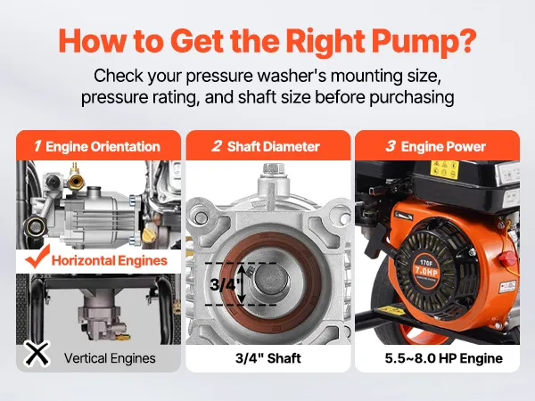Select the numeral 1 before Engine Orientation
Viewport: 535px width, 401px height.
37,146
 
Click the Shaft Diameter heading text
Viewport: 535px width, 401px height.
274,147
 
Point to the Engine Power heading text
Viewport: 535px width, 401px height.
443,147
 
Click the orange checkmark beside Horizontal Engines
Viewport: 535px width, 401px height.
37,257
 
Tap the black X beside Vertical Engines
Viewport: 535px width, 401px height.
37,354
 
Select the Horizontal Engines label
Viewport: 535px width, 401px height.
109,261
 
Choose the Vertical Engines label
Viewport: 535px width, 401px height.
110,358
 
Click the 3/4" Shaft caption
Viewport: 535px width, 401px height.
268,358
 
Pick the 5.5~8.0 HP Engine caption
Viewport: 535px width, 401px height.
443,358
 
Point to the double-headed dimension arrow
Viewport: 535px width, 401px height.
242,284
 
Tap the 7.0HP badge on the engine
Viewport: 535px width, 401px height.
426,273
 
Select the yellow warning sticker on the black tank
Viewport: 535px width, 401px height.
444,169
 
